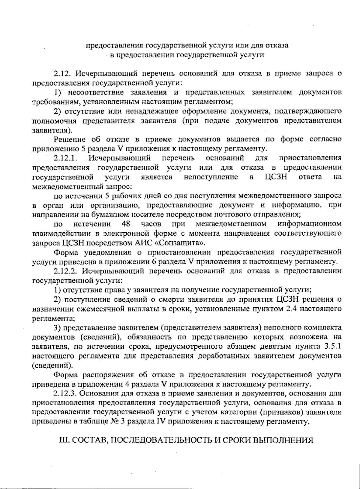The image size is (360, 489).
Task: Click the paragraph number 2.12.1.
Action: tap(66, 158)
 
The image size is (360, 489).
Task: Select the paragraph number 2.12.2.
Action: tap(67, 271)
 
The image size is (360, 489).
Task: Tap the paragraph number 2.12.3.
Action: tap(67, 393)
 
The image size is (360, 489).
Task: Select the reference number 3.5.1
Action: tap(333, 347)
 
